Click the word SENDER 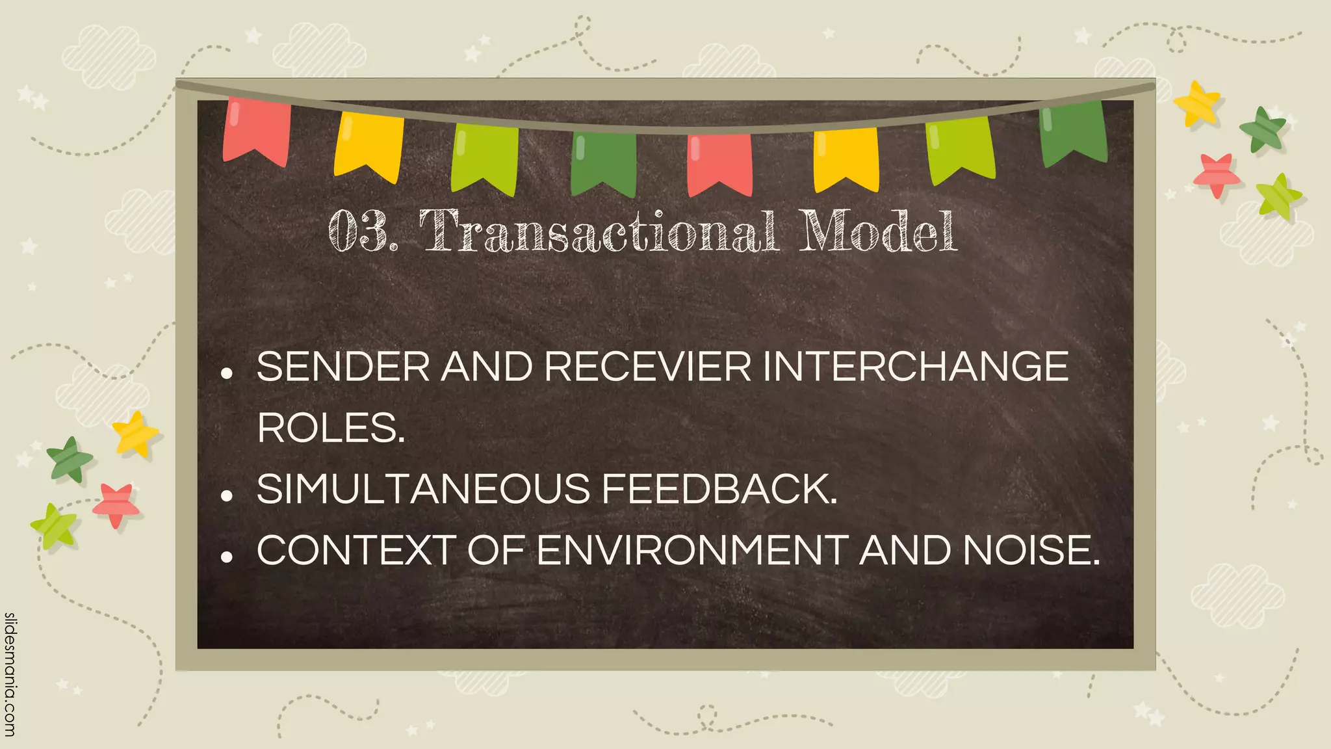[x=343, y=367]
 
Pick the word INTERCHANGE [x=916, y=367]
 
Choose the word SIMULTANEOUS [x=423, y=489]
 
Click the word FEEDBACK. [x=719, y=489]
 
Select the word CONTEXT [x=355, y=551]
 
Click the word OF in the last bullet [x=496, y=551]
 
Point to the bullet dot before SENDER [x=227, y=373]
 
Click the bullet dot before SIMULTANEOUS [x=227, y=495]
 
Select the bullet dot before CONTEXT [x=227, y=557]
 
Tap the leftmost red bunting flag [x=256, y=130]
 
